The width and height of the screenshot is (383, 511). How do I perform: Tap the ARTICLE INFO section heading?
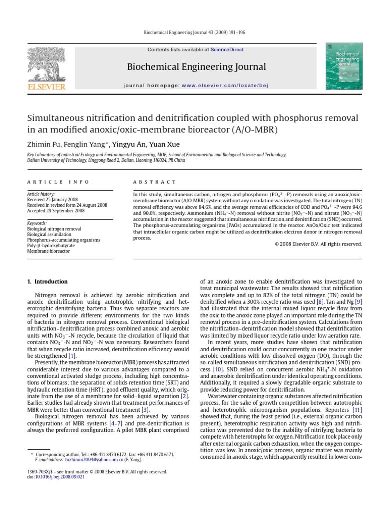coord(58,182)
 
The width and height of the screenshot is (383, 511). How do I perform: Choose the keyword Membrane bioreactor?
coord(48,251)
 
